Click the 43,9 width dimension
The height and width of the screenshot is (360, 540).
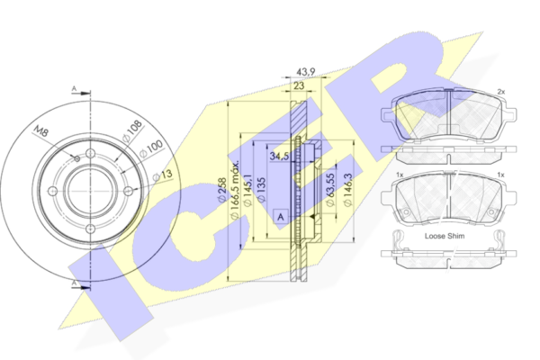pos(305,72)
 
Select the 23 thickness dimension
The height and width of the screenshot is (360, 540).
pos(299,85)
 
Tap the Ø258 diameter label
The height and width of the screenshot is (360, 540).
pos(221,190)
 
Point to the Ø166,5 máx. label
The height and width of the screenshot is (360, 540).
pos(234,190)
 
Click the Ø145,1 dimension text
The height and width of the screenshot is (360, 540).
pos(247,190)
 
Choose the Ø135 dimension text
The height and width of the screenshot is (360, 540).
pos(261,190)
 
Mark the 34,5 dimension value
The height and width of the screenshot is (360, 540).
pos(279,156)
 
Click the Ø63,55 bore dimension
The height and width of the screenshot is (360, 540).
pos(330,190)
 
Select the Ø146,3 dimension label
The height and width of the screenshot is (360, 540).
pos(347,190)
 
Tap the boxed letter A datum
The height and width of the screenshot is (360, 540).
pos(281,217)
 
